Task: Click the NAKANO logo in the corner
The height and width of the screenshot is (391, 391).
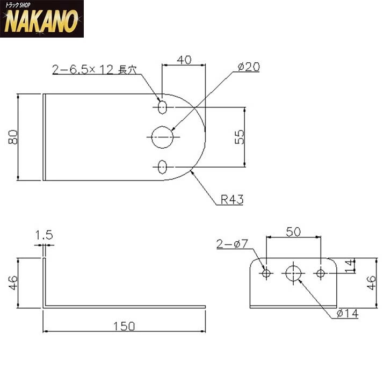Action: [42, 19]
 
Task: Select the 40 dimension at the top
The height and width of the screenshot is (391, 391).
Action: [184, 60]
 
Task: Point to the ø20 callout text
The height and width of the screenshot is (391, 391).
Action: [249, 67]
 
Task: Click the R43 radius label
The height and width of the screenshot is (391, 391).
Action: [232, 199]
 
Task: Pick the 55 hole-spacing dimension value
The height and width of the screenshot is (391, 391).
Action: [239, 137]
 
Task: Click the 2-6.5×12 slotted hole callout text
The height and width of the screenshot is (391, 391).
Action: [95, 70]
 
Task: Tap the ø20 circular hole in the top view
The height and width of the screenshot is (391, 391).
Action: [162, 137]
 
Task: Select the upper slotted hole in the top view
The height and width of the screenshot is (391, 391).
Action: [162, 107]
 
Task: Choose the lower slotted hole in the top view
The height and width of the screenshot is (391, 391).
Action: [162, 167]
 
